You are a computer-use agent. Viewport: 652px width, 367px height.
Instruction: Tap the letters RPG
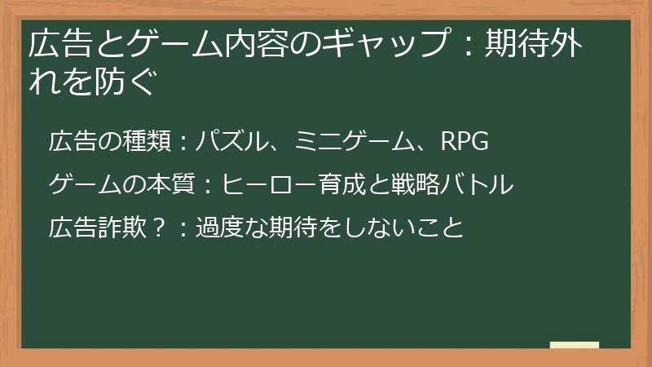tap(464, 142)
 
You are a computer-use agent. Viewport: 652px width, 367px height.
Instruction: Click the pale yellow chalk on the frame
tap(574, 345)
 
